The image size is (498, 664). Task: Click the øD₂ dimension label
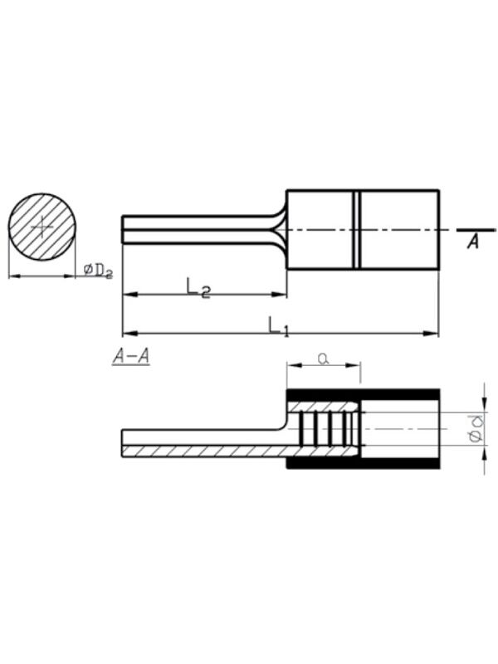click(98, 271)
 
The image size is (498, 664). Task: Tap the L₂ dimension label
click(198, 287)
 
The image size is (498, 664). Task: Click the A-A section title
click(131, 356)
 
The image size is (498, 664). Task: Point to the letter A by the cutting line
click(473, 242)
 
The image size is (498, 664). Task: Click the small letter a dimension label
click(324, 359)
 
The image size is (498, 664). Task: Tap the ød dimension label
click(476, 428)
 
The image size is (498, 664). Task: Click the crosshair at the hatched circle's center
click(42, 227)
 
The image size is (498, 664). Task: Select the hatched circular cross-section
click(42, 227)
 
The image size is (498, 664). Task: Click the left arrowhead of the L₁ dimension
click(129, 334)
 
